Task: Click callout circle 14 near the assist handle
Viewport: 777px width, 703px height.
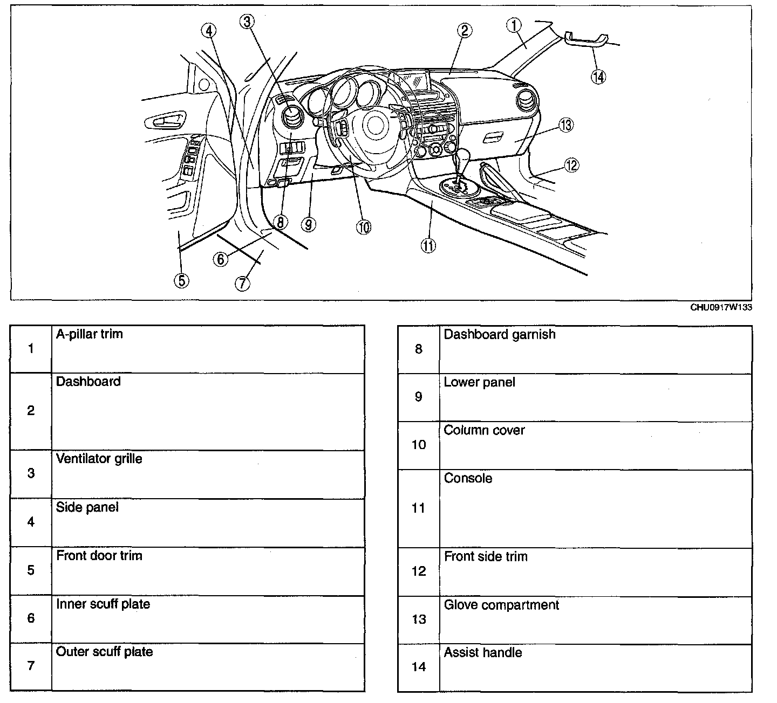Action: (597, 77)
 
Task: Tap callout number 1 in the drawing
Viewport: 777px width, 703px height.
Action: (514, 24)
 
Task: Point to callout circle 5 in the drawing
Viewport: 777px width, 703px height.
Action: (181, 280)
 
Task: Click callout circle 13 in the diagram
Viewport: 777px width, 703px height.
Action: (565, 126)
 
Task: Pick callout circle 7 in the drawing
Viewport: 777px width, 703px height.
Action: (243, 282)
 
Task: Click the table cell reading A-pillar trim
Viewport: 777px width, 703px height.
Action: (90, 334)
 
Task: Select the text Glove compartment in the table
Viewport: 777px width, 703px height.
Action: (501, 605)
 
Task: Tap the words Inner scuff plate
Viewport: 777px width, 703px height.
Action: (103, 604)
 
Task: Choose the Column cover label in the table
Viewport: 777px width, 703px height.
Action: (484, 430)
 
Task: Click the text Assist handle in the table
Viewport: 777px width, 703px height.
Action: (482, 653)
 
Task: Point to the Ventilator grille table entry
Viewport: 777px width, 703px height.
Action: (99, 459)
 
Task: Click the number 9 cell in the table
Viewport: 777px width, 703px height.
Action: (419, 397)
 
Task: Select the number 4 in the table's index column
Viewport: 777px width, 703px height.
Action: (31, 522)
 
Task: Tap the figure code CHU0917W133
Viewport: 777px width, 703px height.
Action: (721, 308)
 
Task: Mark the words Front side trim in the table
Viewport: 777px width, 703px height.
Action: (486, 556)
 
